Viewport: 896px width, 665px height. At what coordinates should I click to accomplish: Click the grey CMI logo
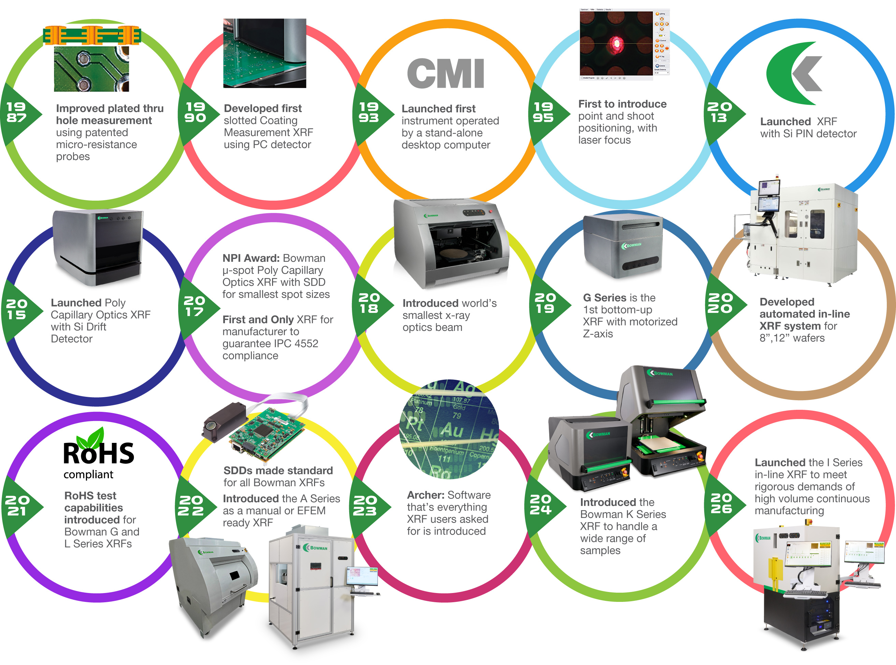(445, 73)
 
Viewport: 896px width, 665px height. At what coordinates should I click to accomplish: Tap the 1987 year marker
(17, 113)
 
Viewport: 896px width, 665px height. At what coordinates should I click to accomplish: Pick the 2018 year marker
(369, 303)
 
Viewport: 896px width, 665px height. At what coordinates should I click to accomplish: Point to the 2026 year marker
(722, 503)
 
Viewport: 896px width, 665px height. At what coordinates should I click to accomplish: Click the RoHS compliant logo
(98, 455)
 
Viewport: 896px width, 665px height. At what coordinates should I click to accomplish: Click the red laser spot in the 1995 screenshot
(615, 43)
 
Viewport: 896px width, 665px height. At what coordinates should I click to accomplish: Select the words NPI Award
(251, 258)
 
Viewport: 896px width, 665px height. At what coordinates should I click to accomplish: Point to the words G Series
(605, 298)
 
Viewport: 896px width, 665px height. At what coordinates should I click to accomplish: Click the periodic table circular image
(448, 429)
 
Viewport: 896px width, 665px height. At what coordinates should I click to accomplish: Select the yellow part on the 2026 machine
(775, 572)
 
